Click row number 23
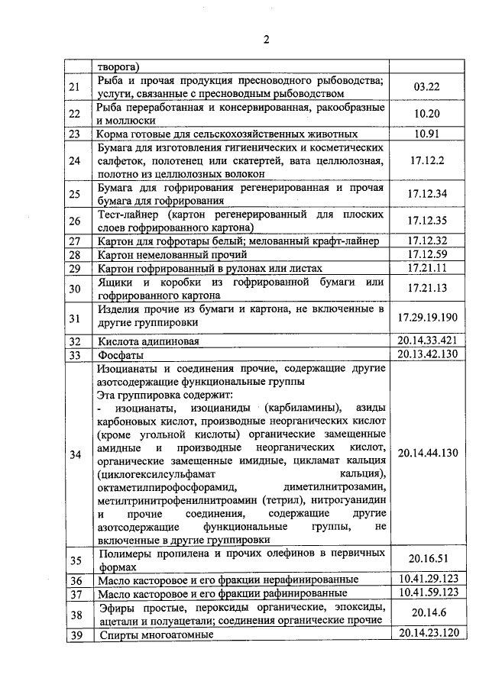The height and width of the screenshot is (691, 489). [x=75, y=134]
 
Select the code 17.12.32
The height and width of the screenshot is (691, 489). [x=428, y=241]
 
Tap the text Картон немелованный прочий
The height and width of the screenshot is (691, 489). [x=173, y=254]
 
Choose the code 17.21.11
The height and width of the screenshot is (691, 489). [x=428, y=268]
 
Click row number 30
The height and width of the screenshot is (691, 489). [x=75, y=289]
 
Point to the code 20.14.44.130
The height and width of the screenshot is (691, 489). [x=428, y=453]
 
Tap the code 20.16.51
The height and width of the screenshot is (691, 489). [x=428, y=557]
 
